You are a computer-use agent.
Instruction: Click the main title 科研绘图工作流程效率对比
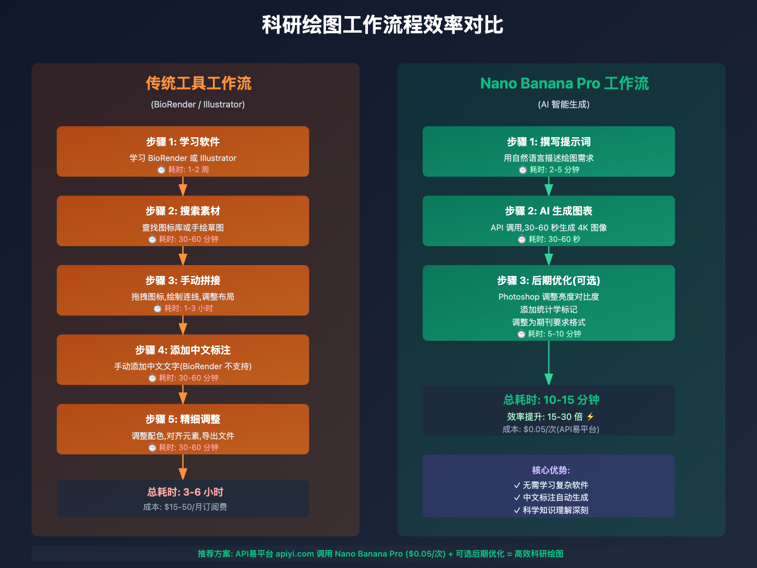[382, 25]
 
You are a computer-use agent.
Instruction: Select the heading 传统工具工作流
[198, 83]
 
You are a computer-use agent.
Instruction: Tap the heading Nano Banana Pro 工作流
[564, 83]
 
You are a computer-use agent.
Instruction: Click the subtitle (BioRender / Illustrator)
[198, 105]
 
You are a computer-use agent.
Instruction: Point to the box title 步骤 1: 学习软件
[183, 142]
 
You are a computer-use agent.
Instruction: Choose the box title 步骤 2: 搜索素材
[183, 211]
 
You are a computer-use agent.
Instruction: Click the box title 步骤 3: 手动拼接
[183, 281]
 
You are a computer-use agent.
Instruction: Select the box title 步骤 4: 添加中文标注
[183, 350]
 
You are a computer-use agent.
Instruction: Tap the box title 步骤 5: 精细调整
[183, 419]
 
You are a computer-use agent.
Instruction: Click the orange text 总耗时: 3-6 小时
[185, 492]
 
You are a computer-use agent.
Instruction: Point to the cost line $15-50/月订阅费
[185, 507]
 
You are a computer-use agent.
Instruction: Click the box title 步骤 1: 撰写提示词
[548, 142]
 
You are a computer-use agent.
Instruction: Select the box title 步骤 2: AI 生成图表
[548, 211]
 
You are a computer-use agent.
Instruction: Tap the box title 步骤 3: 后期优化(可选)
[548, 281]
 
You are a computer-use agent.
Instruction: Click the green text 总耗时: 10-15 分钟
[551, 400]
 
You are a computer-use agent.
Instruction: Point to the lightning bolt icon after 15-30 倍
[590, 417]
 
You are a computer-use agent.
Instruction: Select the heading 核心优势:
[551, 470]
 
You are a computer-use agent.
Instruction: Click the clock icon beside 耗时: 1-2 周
[161, 170]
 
